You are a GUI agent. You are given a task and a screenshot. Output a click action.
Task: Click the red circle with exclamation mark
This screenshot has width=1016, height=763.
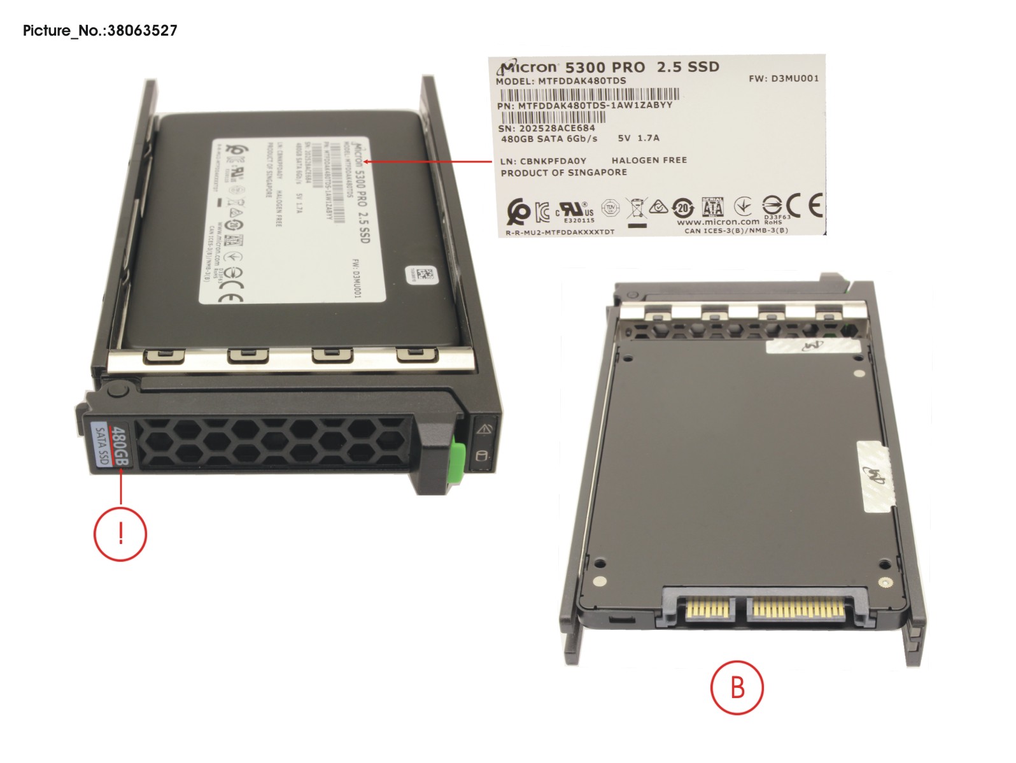[x=120, y=533]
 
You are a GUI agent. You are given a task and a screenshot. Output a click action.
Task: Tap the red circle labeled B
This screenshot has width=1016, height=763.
[x=737, y=688]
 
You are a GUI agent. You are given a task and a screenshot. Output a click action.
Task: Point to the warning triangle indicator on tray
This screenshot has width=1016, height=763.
[x=484, y=429]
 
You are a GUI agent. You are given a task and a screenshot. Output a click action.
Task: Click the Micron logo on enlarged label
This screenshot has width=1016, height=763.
[x=528, y=67]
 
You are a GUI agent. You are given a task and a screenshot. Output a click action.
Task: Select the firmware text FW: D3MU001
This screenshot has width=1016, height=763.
[x=783, y=78]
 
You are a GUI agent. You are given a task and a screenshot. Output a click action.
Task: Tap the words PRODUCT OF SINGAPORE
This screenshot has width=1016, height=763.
[x=563, y=173]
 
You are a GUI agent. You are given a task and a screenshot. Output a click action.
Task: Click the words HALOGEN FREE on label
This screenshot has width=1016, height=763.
[x=649, y=160]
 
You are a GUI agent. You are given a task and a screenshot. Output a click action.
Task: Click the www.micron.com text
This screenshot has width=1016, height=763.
[x=717, y=222]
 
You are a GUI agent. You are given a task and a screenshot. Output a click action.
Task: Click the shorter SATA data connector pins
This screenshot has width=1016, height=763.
[x=709, y=610]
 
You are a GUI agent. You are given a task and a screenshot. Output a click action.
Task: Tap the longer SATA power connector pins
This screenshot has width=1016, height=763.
[x=798, y=610]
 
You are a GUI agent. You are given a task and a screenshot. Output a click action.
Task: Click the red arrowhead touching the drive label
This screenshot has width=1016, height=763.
[x=368, y=161]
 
